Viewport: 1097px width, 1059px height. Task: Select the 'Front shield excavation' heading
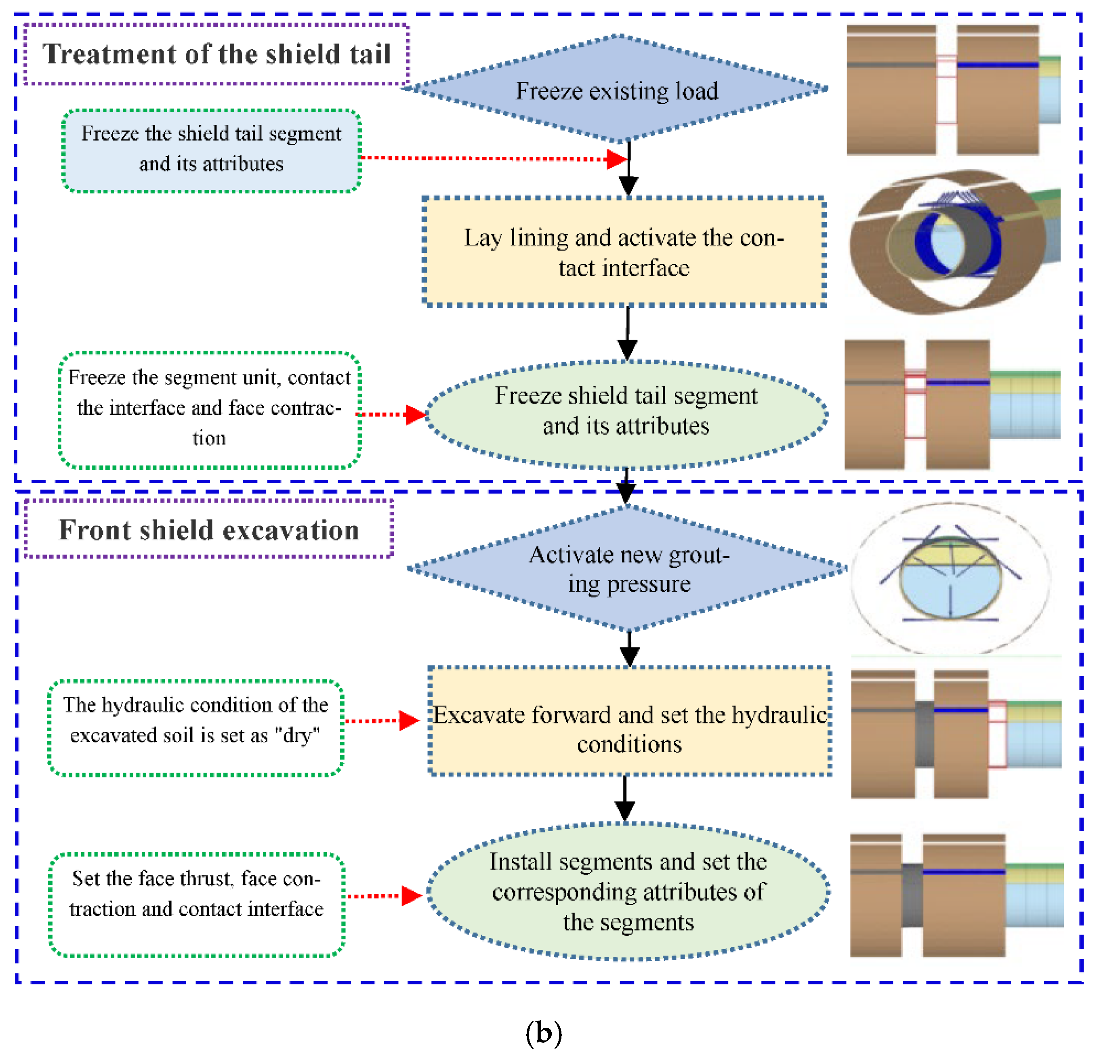point(209,529)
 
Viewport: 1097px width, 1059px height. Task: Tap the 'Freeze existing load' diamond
point(616,88)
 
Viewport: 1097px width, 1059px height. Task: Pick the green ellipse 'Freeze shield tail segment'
point(626,414)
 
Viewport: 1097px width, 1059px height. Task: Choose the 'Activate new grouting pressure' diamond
point(628,569)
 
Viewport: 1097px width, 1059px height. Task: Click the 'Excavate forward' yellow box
point(630,721)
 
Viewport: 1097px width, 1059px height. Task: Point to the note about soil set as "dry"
point(196,728)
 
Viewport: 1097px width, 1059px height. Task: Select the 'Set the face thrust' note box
point(196,905)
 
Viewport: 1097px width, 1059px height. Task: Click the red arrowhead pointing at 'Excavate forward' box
point(409,721)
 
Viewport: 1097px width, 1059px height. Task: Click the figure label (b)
point(544,1033)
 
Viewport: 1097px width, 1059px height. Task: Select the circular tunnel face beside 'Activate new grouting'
point(950,578)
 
